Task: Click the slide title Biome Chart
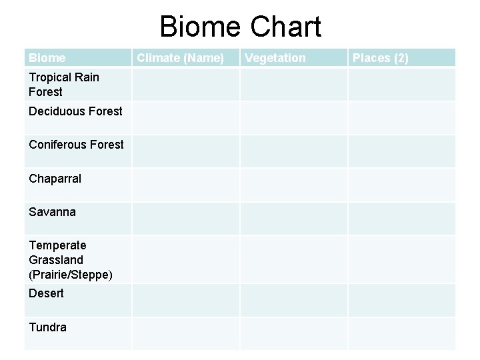(240, 27)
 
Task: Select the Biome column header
(47, 58)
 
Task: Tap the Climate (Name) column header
(180, 58)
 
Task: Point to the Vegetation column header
(275, 58)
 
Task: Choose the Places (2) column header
(381, 58)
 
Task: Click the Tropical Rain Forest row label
(64, 85)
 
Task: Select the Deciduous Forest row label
(75, 111)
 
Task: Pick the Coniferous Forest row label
(76, 145)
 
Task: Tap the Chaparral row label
(55, 179)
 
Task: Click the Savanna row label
(52, 212)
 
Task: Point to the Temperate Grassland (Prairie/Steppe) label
(70, 260)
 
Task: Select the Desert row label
(46, 293)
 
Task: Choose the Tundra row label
(47, 327)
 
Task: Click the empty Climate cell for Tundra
(185, 333)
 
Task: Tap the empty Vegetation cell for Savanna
(293, 219)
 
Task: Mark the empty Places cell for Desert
(401, 300)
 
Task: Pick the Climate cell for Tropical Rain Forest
(185, 85)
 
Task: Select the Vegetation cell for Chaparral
(293, 185)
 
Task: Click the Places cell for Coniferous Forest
(401, 151)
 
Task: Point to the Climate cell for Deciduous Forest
(185, 118)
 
